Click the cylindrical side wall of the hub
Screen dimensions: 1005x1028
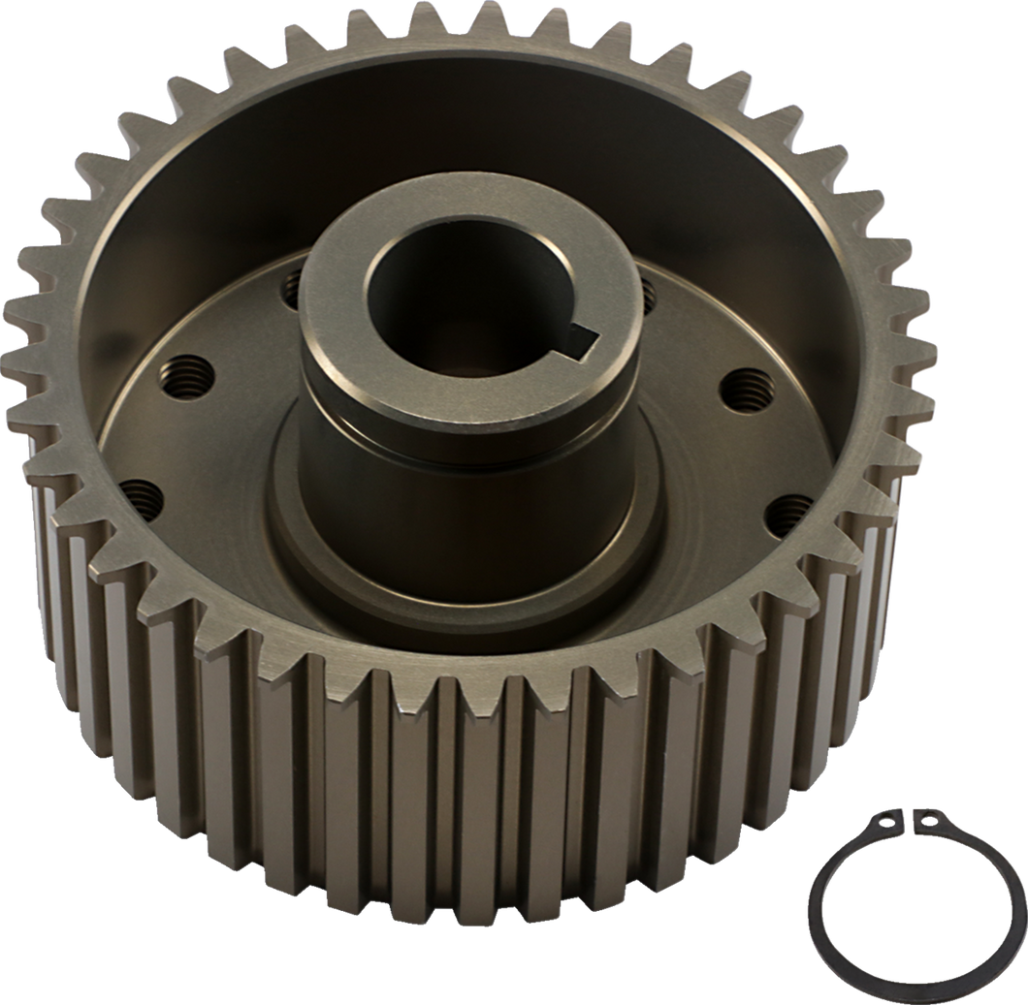pyautogui.click(x=407, y=485)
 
